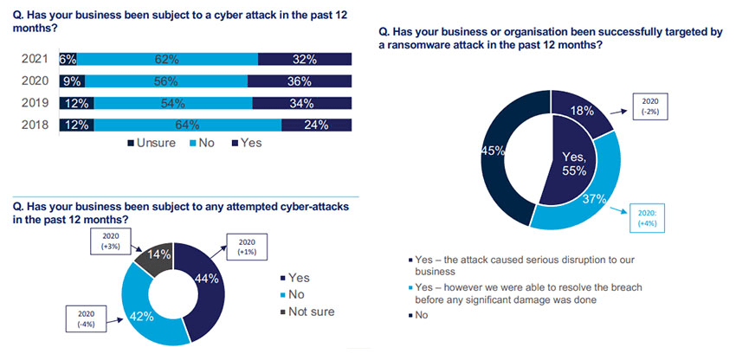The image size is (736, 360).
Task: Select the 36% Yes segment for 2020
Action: [300, 82]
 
